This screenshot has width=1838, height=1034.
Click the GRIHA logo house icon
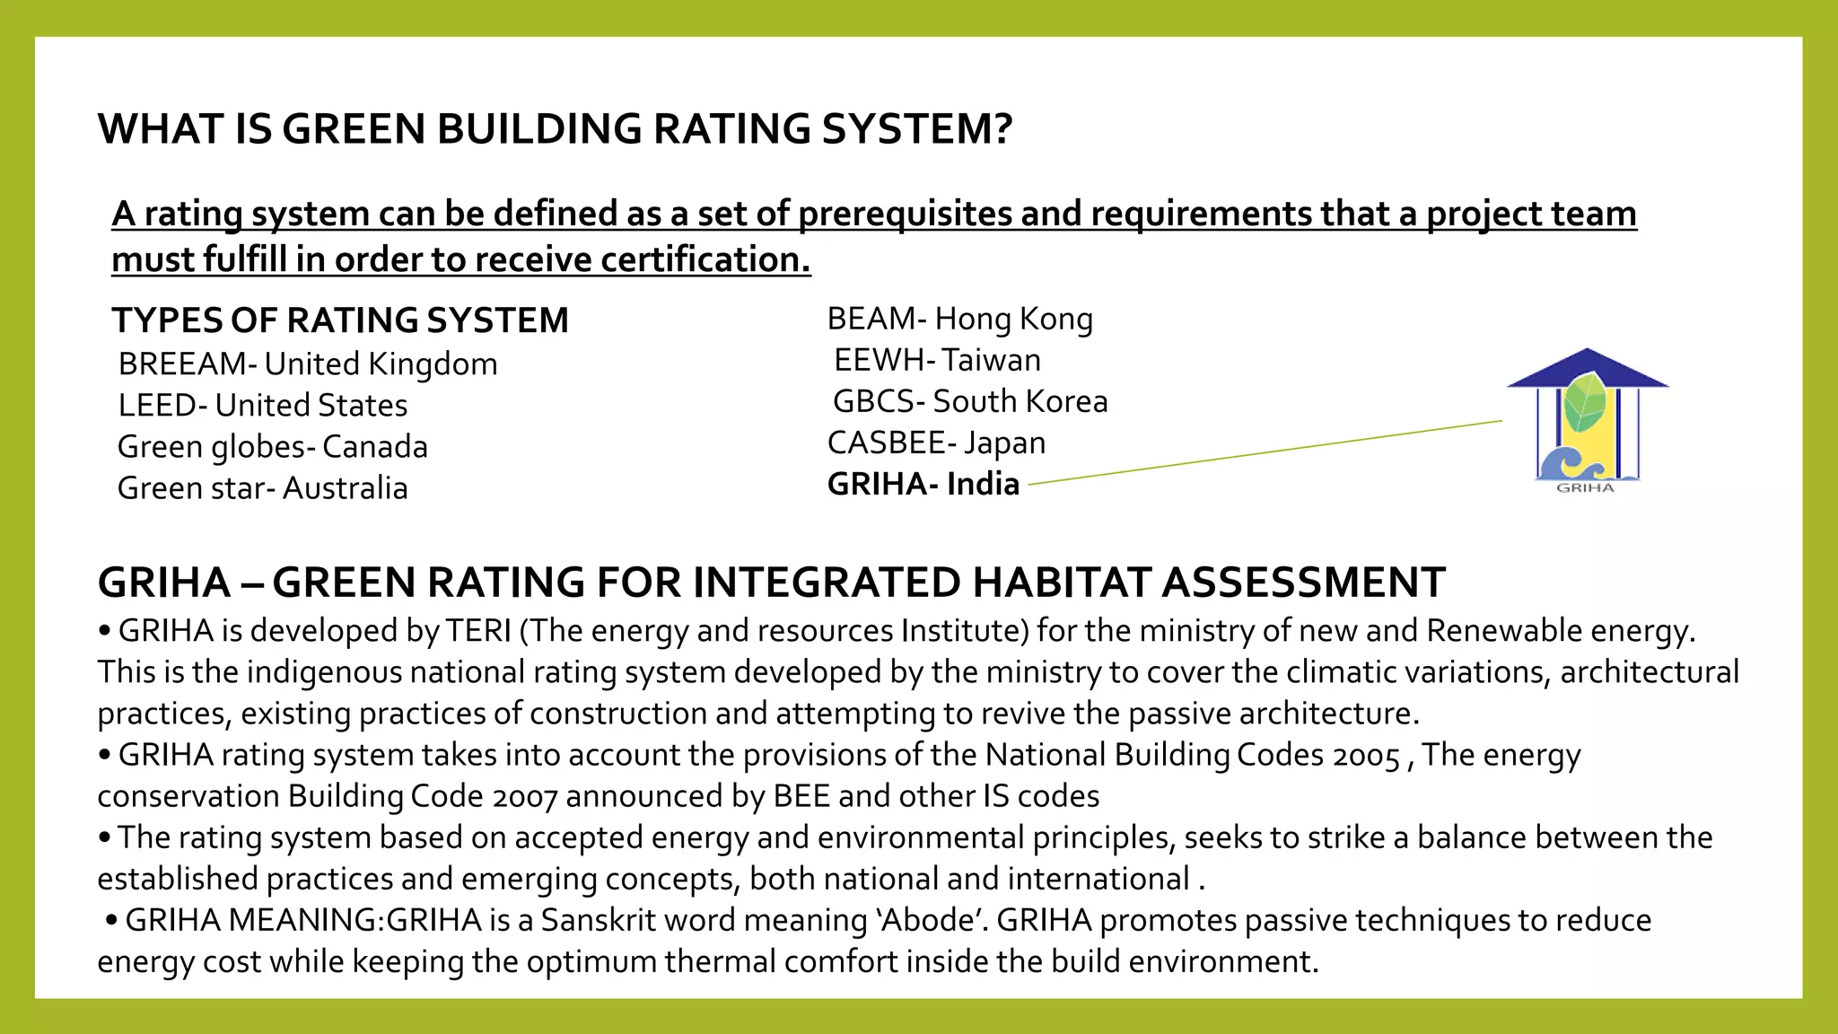tap(1587, 422)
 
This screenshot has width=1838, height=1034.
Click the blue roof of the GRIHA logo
tap(1587, 369)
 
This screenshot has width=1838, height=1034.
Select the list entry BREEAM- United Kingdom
tap(307, 364)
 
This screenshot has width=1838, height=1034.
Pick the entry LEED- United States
tap(262, 406)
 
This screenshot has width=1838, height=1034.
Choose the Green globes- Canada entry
tap(272, 447)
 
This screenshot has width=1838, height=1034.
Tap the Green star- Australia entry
tap(262, 488)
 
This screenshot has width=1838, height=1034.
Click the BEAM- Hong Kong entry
tap(959, 319)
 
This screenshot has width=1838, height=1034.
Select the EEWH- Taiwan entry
tap(937, 360)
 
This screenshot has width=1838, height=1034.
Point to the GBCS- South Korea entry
tap(970, 401)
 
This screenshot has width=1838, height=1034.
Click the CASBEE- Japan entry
tap(936, 443)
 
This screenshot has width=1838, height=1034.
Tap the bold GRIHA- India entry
tap(923, 485)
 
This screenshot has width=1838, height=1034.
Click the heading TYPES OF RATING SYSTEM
tap(340, 320)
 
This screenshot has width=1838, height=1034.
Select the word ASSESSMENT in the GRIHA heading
tap(1303, 583)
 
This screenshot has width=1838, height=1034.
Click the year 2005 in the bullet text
tap(1366, 757)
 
